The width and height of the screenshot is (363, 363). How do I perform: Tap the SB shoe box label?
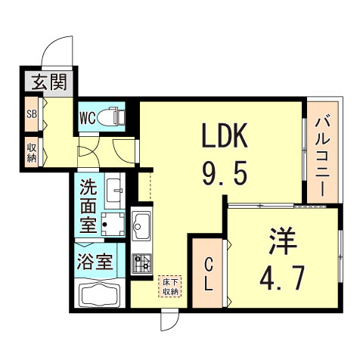pos(31,116)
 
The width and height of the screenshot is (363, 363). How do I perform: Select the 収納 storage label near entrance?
pos(31,151)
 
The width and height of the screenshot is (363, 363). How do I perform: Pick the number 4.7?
pos(283,278)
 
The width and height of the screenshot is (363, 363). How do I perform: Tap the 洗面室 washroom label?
pos(88,205)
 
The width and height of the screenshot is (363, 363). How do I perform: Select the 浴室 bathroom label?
pos(96,263)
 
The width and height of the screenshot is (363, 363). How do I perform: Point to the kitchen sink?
pos(142,224)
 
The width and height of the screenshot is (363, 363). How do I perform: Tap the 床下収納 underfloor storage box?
pos(169,286)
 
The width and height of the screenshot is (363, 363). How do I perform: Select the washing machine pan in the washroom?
pos(114,223)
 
